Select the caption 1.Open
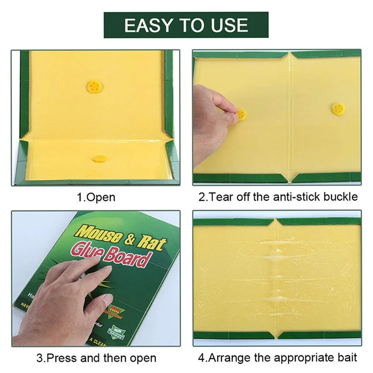pos(96,197)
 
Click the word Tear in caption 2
pos(222,197)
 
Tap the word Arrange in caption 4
pos(231,358)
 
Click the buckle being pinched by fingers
pos(241,115)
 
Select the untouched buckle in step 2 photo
pos(338,109)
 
